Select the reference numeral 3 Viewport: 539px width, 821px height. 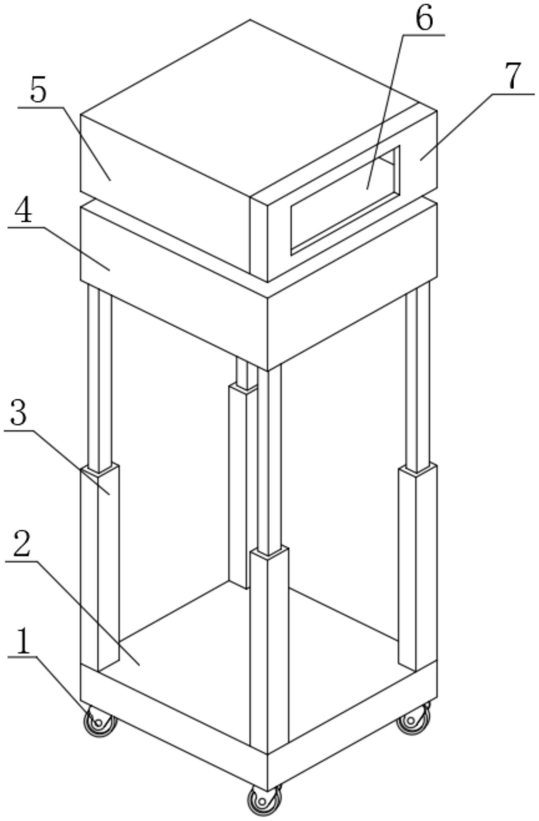click(x=19, y=413)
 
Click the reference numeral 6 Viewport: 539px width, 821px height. click(x=424, y=19)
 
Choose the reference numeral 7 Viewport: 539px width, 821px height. click(x=513, y=76)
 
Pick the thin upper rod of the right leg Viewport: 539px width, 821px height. click(x=418, y=377)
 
